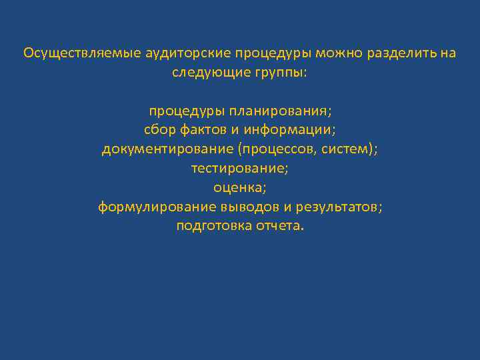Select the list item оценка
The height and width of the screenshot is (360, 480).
240,187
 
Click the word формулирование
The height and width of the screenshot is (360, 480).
155,207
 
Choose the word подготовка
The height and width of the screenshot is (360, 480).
213,226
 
